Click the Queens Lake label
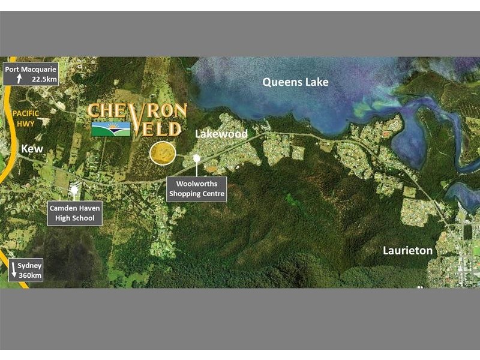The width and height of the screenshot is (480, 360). (x=295, y=82)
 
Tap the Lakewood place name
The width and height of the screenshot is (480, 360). (x=221, y=134)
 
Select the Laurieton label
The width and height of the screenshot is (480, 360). (x=407, y=250)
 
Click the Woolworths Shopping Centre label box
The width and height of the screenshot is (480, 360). (x=196, y=188)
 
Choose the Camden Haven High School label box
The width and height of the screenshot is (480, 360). (x=75, y=212)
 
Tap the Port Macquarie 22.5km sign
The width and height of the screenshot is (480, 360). (x=31, y=73)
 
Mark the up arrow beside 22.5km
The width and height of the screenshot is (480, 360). (x=19, y=79)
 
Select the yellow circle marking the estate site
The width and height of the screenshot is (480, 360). (x=163, y=154)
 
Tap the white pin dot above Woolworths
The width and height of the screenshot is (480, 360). (x=196, y=158)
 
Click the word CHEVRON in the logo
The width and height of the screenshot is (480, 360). (x=137, y=112)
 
